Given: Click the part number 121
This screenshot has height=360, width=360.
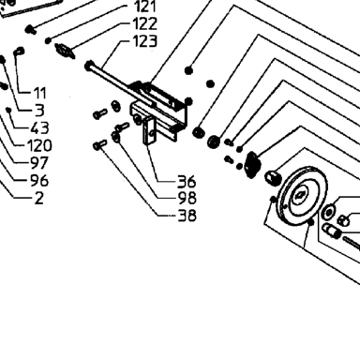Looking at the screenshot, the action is point(145,7).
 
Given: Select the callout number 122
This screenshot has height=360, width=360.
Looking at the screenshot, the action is point(144,23).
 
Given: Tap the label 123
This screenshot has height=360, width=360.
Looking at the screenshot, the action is point(144,41).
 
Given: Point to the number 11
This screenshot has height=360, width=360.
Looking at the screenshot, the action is point(40,93).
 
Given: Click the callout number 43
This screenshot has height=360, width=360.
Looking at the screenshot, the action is point(40,128).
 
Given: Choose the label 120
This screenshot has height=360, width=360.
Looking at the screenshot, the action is point(39,145).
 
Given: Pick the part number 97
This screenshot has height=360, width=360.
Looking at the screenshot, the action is point(39,163).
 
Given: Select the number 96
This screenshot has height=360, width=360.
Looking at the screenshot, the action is point(39,181).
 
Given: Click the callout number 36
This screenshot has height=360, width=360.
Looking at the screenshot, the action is point(187,181).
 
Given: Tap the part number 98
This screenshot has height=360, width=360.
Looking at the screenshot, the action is point(187,198).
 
